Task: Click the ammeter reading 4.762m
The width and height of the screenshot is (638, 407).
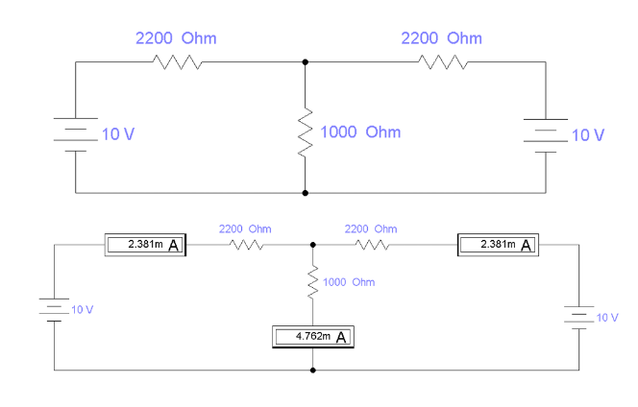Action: [x=313, y=337]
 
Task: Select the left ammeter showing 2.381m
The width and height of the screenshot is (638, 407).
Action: [x=145, y=245]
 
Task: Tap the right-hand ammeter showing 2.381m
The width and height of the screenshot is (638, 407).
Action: [x=498, y=245]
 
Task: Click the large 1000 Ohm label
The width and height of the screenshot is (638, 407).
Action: [x=360, y=132]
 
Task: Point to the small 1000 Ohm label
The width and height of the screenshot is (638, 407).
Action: [x=349, y=282]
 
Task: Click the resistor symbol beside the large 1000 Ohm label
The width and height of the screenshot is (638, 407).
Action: [x=306, y=132]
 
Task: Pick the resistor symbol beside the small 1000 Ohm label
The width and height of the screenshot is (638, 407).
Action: [x=313, y=282]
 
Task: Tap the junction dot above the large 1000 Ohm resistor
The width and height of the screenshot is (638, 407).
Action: [x=306, y=62]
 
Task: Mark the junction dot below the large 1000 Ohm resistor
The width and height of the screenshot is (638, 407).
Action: [x=306, y=193]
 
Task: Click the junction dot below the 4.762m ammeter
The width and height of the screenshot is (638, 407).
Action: [x=313, y=370]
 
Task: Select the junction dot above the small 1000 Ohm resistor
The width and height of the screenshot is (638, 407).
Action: [x=313, y=245]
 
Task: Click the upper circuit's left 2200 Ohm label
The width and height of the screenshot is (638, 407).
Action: [x=176, y=38]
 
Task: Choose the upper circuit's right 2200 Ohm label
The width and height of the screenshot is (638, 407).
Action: [x=441, y=38]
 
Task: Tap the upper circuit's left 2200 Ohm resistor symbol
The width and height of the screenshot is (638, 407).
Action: [x=178, y=62]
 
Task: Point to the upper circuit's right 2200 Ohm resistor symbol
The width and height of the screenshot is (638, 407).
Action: [x=443, y=62]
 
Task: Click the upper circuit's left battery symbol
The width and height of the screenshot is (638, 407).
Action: [x=76, y=134]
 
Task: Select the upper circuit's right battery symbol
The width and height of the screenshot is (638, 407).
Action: [x=546, y=135]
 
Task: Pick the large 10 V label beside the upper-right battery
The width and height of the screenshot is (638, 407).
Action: [x=588, y=135]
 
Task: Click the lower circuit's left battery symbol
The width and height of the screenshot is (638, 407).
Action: [x=54, y=310]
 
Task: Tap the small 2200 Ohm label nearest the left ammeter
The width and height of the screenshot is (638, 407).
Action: [x=245, y=228]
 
